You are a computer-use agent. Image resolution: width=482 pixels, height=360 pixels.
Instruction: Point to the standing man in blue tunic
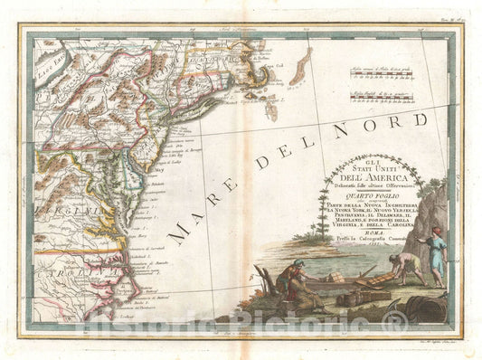pyautogui.click(x=437, y=262)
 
